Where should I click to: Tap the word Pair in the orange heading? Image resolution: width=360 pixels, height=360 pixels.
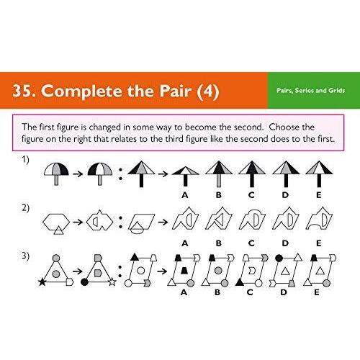(x=176, y=91)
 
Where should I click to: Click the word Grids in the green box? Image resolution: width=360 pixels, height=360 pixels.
(x=337, y=91)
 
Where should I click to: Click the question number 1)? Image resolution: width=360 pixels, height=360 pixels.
(x=25, y=160)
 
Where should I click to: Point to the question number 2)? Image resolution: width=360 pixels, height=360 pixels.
(x=25, y=207)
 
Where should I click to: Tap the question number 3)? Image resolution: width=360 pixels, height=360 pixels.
(x=25, y=256)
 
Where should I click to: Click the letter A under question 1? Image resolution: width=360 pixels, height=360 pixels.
(x=185, y=195)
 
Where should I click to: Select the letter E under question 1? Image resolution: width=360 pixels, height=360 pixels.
(x=319, y=195)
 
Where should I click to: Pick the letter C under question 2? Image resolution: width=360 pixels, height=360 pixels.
(x=251, y=243)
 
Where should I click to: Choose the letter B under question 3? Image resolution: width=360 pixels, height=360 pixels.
(x=217, y=292)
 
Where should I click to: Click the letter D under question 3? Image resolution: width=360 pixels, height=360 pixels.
(x=284, y=292)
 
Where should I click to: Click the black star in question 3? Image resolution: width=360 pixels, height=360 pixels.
(x=42, y=282)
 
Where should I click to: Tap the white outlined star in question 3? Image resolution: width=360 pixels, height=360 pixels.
(x=112, y=282)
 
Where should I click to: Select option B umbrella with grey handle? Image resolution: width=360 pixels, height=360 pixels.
(x=219, y=174)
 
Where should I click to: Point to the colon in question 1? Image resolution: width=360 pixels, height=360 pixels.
(x=120, y=174)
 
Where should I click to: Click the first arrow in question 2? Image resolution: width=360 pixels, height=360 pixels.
(x=78, y=222)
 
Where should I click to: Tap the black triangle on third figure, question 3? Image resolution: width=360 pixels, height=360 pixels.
(x=135, y=257)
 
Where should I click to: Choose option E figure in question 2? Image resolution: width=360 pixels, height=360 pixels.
(x=319, y=218)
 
